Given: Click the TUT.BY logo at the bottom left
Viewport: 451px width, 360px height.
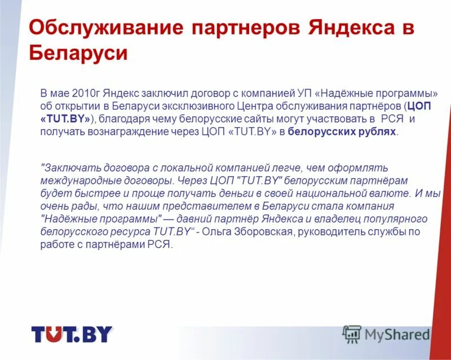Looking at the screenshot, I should click(x=72, y=335).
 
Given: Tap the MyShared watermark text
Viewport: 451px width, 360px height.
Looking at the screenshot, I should click(x=397, y=334).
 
